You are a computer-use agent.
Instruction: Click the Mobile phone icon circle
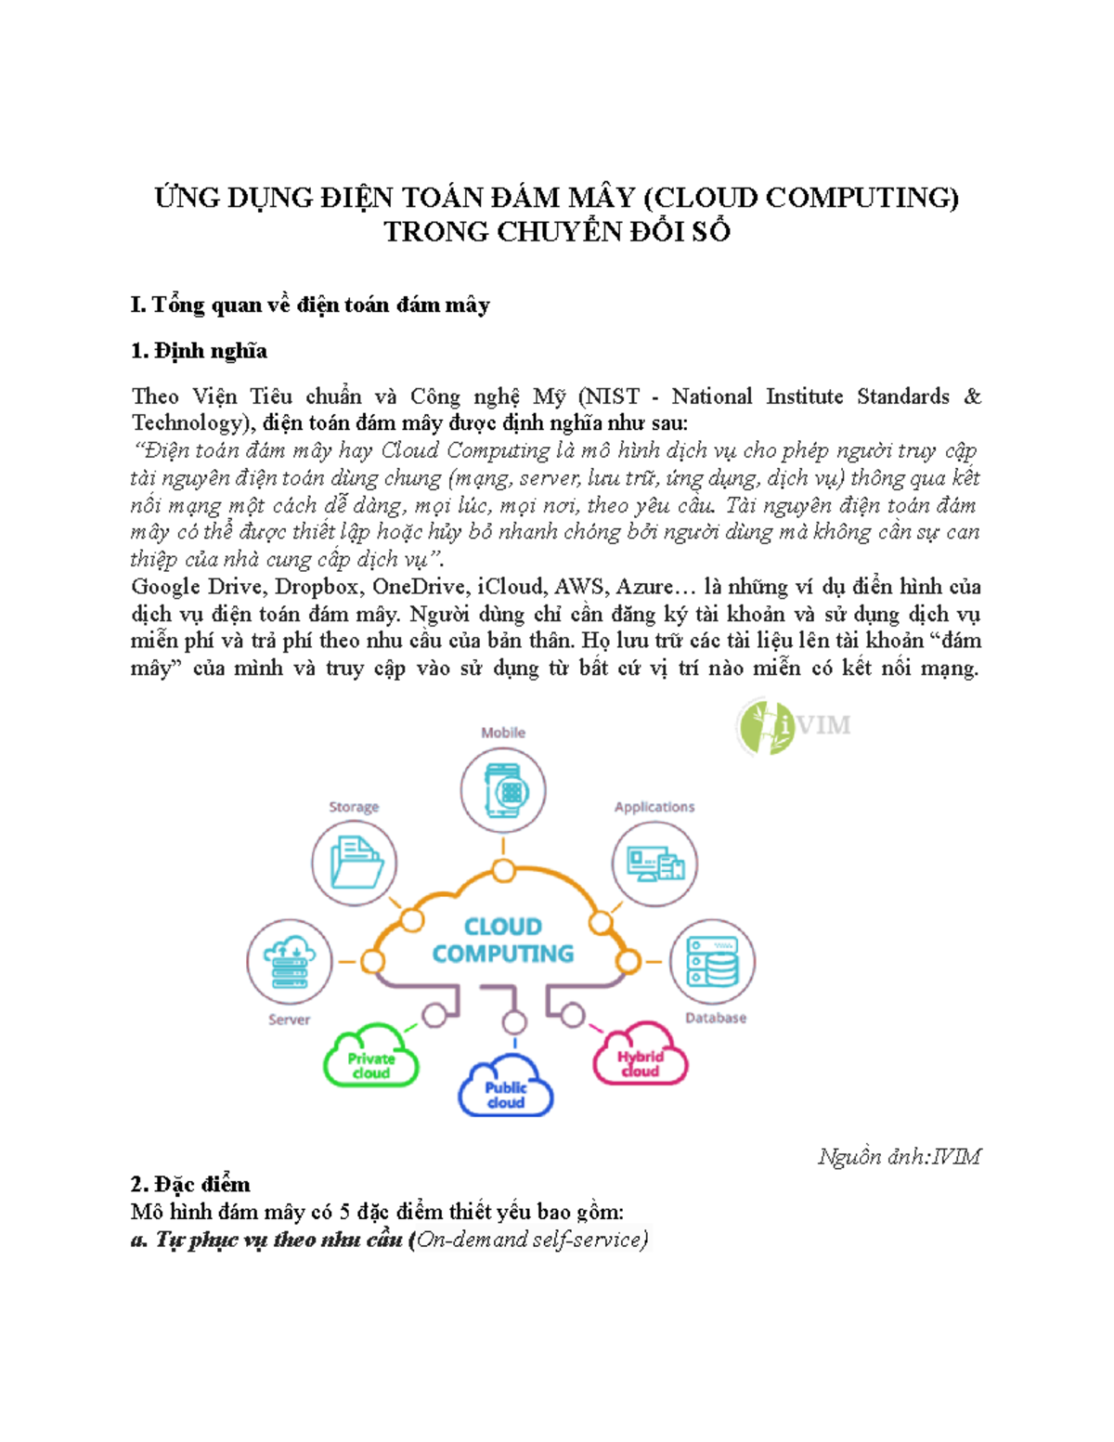[x=502, y=790]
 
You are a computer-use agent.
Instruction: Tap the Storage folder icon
[x=354, y=863]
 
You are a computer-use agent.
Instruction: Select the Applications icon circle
[x=654, y=864]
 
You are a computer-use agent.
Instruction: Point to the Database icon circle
[x=712, y=962]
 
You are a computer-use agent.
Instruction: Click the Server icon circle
[x=290, y=962]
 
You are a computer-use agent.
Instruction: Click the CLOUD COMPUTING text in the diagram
[x=503, y=941]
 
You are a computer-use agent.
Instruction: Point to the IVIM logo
[x=795, y=726]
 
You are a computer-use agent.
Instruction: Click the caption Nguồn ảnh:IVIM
[x=899, y=1157]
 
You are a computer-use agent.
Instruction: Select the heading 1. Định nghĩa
[x=199, y=351]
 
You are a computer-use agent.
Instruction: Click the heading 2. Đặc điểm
[x=190, y=1184]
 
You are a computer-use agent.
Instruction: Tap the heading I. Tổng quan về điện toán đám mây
[x=310, y=305]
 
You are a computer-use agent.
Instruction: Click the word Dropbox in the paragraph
[x=317, y=587]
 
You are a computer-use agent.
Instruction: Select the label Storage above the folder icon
[x=354, y=807]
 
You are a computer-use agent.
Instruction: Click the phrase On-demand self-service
[x=530, y=1239]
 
